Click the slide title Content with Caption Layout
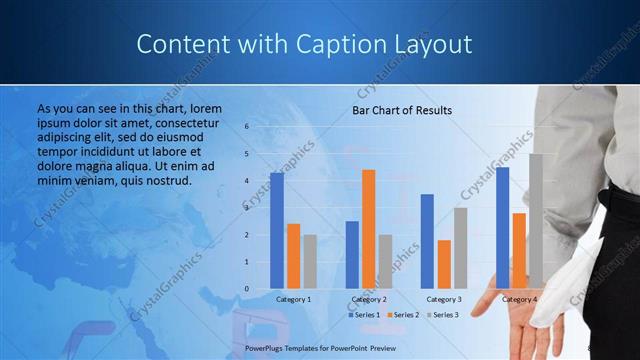[x=303, y=45]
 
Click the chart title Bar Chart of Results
[x=402, y=110]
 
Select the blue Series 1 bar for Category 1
[x=277, y=231]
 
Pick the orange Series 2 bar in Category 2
[x=368, y=229]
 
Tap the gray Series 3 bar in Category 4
[x=536, y=221]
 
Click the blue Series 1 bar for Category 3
[x=428, y=241]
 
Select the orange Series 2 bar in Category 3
[x=444, y=264]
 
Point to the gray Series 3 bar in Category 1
[x=309, y=262]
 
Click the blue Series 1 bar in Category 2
[x=352, y=255]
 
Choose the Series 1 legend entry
[x=365, y=315]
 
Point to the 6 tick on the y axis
[x=246, y=127]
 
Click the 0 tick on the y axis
[x=246, y=289]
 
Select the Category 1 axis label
[x=293, y=299]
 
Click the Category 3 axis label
[x=443, y=299]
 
